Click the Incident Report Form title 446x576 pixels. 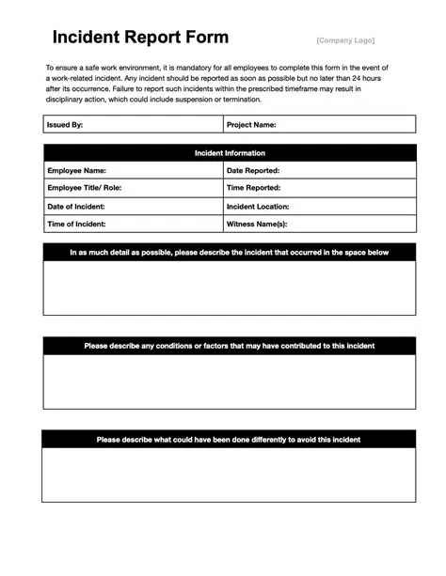(140, 38)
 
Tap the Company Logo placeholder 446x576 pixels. (344, 40)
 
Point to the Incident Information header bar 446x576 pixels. (230, 153)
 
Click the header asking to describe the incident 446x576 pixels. (230, 252)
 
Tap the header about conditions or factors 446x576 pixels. (230, 346)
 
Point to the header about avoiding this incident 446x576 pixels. (230, 440)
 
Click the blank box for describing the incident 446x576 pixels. (230, 288)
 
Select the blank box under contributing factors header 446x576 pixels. (230, 381)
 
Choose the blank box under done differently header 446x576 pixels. (230, 475)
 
